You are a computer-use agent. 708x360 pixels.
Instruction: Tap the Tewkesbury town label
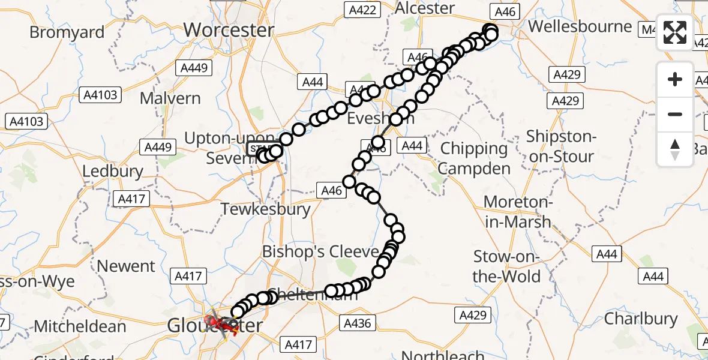tap(266, 209)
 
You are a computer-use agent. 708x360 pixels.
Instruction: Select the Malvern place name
tap(170, 98)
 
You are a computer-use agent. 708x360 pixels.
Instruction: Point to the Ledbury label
tap(113, 171)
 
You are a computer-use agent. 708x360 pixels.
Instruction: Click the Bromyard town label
tap(67, 32)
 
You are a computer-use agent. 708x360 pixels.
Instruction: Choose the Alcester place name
tap(425, 8)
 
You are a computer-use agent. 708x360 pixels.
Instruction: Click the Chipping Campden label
tap(473, 158)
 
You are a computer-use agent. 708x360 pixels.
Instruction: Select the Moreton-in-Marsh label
tap(517, 212)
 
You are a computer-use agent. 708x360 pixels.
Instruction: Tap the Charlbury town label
tap(641, 319)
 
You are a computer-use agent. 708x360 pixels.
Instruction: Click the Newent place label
tap(126, 266)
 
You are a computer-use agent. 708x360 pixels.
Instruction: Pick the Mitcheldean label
tap(80, 326)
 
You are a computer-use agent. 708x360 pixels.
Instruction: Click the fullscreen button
tap(675, 32)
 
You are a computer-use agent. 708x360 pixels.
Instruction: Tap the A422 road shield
tap(362, 10)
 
